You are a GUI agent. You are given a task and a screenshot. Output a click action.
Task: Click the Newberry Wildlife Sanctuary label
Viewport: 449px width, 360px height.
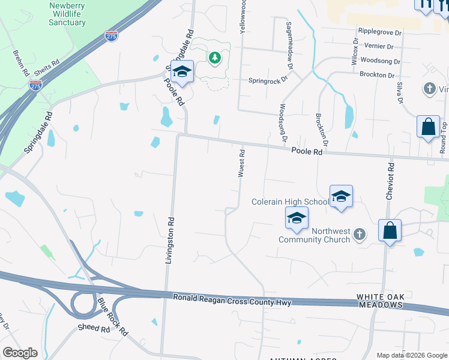pyautogui.click(x=67, y=14)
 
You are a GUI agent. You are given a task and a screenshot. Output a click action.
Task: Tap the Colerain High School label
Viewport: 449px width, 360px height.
pyautogui.click(x=290, y=202)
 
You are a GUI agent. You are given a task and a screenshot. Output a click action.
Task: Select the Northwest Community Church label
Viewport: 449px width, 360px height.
pyautogui.click(x=314, y=235)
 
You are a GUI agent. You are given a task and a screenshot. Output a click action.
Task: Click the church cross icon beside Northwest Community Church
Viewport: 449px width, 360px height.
pyautogui.click(x=360, y=233)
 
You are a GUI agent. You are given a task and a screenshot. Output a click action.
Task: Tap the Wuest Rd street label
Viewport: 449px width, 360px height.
pyautogui.click(x=241, y=163)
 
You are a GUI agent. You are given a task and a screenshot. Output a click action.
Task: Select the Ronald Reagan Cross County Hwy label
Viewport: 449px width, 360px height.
pyautogui.click(x=232, y=299)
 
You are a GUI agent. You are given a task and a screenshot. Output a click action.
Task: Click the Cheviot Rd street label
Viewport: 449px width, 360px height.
pyautogui.click(x=390, y=181)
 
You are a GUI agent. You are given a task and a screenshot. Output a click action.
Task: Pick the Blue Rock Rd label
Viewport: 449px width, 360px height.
pyautogui.click(x=113, y=316)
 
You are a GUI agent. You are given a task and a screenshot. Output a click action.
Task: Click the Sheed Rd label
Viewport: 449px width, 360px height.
pyautogui.click(x=93, y=329)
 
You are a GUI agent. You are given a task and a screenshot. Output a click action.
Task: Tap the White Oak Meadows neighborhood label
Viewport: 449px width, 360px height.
pyautogui.click(x=380, y=301)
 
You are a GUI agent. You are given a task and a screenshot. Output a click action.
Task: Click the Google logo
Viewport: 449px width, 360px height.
pyautogui.click(x=20, y=353)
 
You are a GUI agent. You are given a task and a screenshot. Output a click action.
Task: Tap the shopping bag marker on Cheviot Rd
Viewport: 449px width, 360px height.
pyautogui.click(x=390, y=230)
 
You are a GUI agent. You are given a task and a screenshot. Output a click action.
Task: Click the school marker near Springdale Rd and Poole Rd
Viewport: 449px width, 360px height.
pyautogui.click(x=182, y=72)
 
